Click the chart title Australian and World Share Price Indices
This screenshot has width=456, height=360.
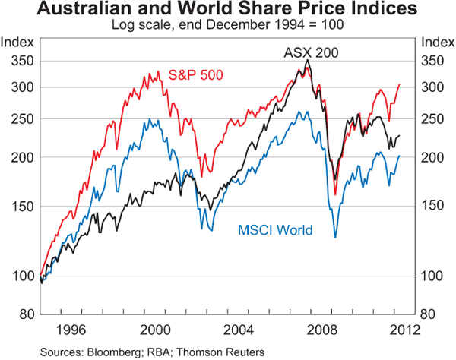coord(227,10)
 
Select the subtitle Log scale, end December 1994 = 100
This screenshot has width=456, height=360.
coord(227,24)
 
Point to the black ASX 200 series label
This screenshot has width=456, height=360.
coord(311,53)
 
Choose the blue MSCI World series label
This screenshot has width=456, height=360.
coord(276,230)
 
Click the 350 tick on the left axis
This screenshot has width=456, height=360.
coord(21,62)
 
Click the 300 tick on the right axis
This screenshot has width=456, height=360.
coord(434,87)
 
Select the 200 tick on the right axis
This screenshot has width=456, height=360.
coord(434,157)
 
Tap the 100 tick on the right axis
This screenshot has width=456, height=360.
coord(434,276)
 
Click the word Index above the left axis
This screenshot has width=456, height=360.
coord(19,41)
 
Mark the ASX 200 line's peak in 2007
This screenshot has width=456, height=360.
coord(307,60)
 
